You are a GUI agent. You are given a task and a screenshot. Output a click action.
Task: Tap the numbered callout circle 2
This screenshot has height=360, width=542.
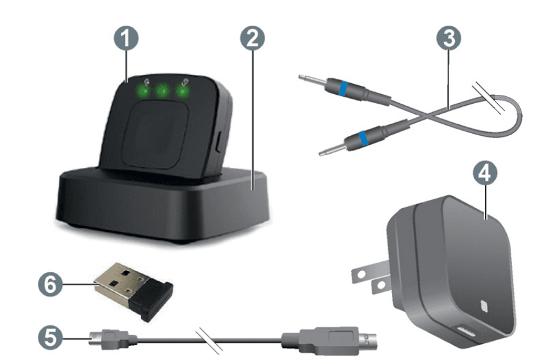tap(252, 38)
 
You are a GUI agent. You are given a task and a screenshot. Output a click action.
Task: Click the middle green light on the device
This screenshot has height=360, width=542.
tap(163, 92)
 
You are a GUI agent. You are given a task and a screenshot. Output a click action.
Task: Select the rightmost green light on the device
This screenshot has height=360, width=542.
tap(185, 91)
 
